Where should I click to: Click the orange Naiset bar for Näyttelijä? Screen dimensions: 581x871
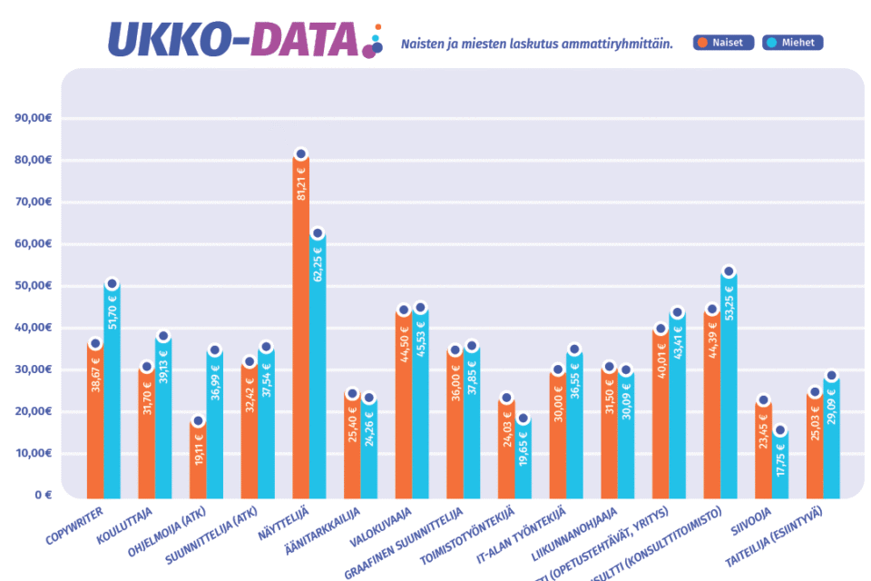(301, 327)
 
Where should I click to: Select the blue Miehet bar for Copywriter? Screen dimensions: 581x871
(112, 390)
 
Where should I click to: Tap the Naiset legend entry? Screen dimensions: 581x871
(723, 43)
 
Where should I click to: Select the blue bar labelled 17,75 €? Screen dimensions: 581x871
(780, 468)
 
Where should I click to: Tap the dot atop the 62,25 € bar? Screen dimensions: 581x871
(318, 234)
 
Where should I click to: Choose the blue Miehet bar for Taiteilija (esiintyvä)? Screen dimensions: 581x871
(831, 436)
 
